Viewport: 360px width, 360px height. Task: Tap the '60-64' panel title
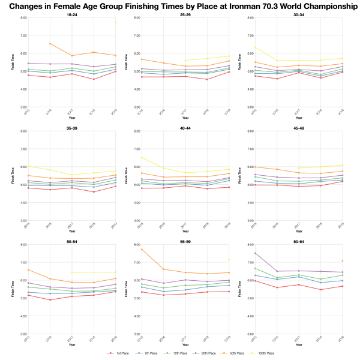pyautogui.click(x=299, y=241)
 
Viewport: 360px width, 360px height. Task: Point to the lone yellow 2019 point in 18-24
pyautogui.click(x=116, y=22)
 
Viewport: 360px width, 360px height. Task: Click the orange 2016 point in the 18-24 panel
pyautogui.click(x=50, y=44)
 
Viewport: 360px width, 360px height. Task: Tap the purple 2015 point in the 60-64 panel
pyautogui.click(x=255, y=253)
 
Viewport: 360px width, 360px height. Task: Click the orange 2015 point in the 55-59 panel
pyautogui.click(x=141, y=250)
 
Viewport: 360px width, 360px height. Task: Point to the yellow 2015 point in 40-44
pyautogui.click(x=141, y=158)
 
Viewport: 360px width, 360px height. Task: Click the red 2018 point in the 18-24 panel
pyautogui.click(x=94, y=79)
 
